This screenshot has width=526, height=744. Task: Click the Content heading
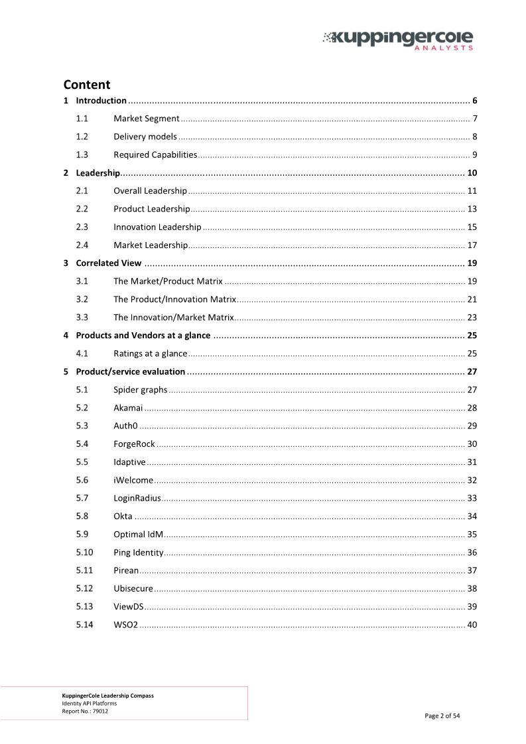[x=86, y=85]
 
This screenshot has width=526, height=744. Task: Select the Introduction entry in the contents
[x=101, y=101]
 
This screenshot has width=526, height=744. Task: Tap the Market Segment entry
[x=146, y=119]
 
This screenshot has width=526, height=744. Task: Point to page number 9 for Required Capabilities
[x=474, y=155]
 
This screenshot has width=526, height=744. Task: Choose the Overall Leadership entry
[x=150, y=191]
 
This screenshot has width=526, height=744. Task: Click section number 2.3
[x=83, y=227]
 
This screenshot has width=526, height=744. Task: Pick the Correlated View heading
[x=108, y=263]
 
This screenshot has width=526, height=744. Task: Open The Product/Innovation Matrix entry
[x=174, y=299]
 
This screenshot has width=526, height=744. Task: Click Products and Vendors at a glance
[x=143, y=335]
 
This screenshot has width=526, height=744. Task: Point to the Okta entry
[x=123, y=516]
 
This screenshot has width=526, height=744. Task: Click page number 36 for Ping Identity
[x=472, y=552]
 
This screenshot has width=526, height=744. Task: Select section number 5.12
[x=84, y=588]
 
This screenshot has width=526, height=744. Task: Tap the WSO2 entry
[x=125, y=624]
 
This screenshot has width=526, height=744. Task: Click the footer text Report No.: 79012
[x=85, y=710]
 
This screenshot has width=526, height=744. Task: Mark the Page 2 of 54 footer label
[x=442, y=715]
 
